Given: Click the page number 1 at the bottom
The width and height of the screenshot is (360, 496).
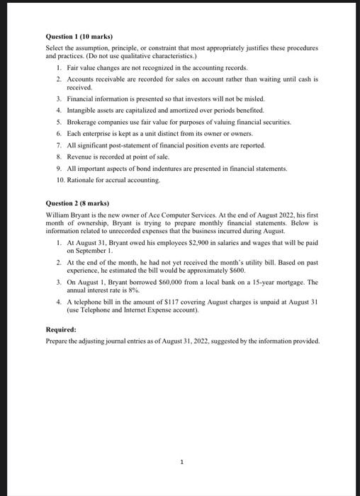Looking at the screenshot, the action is tap(181, 461).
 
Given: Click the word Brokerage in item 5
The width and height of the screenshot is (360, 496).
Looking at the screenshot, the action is tap(82, 122).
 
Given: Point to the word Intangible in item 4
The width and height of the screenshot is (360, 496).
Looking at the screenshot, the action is tap(82, 111).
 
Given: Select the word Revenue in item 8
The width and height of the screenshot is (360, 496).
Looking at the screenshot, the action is tap(81, 157).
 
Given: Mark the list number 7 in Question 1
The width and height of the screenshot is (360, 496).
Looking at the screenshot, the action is tap(58, 145).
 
